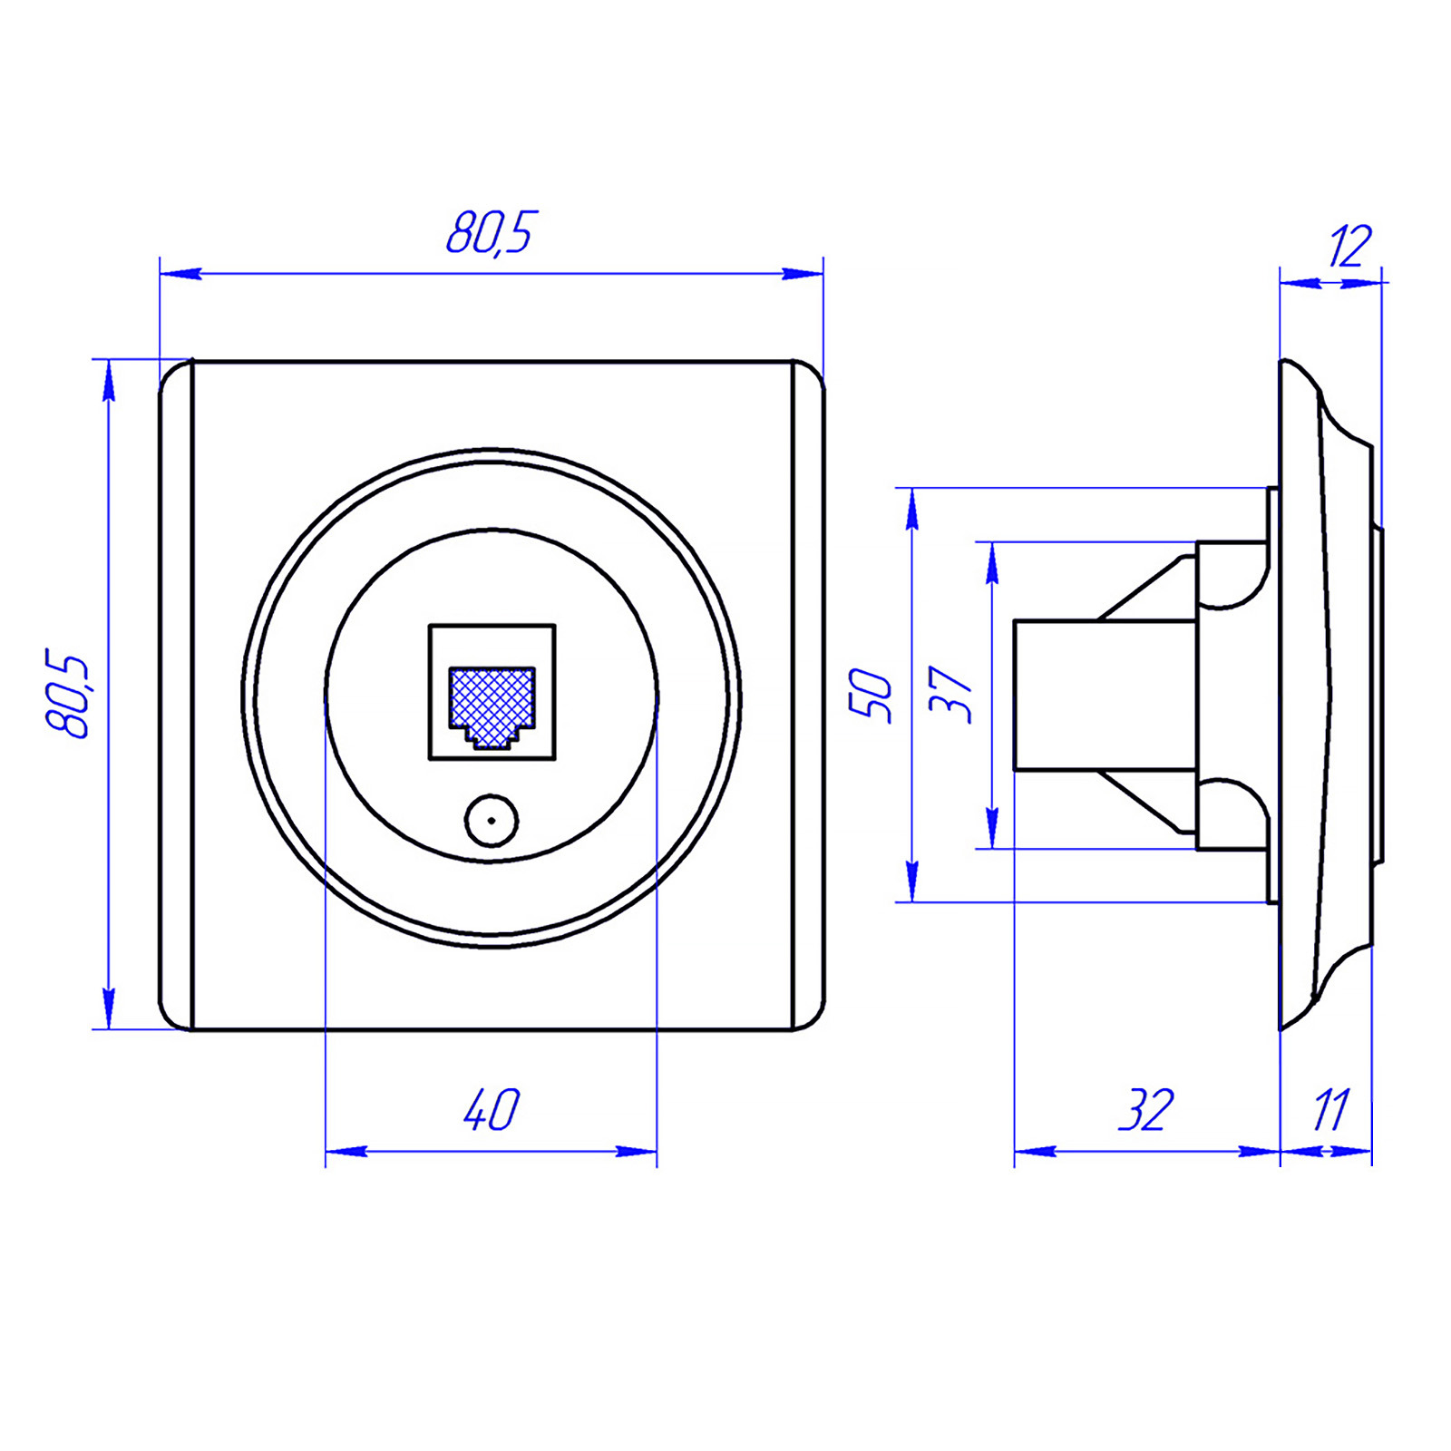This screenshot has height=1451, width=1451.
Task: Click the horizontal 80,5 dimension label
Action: (492, 233)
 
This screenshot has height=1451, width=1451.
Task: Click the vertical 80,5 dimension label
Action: (68, 694)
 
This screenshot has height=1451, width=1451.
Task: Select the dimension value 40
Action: (492, 1109)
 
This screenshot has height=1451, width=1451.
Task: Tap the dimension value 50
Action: (871, 695)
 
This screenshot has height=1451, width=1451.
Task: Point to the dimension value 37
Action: (950, 695)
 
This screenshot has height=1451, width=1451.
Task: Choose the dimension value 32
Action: (1146, 1109)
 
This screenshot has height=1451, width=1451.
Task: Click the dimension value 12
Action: (1350, 246)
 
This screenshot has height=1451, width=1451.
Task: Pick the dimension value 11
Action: (1331, 1109)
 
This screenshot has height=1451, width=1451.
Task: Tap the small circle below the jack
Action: (492, 821)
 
